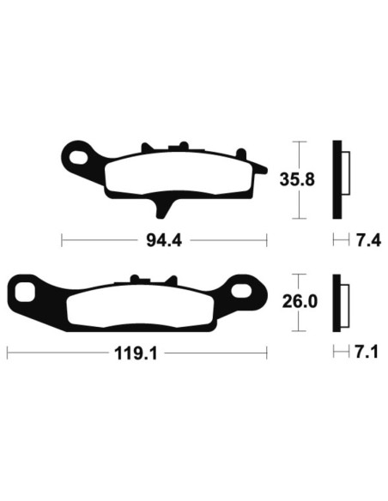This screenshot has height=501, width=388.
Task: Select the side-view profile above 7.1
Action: coord(340,302)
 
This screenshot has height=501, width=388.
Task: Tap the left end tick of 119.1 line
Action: coord(8,352)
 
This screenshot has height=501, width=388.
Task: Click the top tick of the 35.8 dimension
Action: coord(298,142)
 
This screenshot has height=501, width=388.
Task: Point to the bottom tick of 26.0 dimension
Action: coord(298,331)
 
